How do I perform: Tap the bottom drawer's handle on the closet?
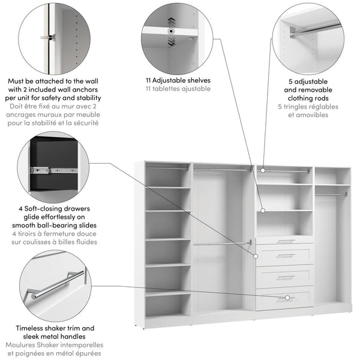(x=286, y=297)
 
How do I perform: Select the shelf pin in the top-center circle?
(x=172, y=31)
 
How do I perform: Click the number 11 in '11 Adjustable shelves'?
(x=149, y=80)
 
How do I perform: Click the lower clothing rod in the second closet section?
(x=222, y=243)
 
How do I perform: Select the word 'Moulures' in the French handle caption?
(x=22, y=346)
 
